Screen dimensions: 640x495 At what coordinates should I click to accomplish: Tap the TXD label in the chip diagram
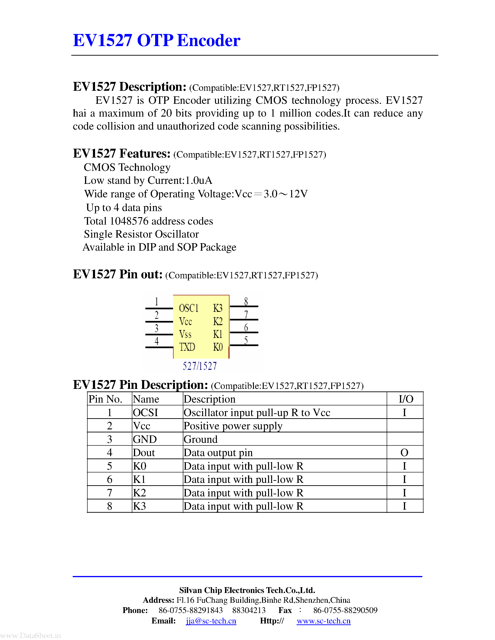coord(187,347)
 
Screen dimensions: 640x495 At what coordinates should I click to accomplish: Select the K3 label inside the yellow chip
coord(218,308)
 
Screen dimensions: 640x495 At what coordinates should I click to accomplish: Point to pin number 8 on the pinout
coord(246,301)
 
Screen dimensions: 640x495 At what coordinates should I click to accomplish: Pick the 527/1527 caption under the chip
coord(200,366)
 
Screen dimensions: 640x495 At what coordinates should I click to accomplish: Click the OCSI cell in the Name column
coord(145,413)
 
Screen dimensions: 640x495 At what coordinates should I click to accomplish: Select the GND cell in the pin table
coord(145,439)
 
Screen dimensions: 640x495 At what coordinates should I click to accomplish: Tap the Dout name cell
coord(144,453)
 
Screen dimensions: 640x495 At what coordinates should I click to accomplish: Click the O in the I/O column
coord(404,453)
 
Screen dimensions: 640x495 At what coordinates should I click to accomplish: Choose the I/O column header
coord(406,399)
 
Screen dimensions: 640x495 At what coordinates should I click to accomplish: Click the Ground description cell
coord(201,439)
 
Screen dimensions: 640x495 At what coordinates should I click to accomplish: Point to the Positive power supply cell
coord(233,426)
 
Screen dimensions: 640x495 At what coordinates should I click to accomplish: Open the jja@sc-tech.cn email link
coord(211,621)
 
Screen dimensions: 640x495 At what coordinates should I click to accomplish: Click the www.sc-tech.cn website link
coord(324,621)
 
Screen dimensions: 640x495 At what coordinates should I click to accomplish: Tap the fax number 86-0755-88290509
coord(345,610)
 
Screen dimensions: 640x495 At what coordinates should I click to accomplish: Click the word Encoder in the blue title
coord(208,40)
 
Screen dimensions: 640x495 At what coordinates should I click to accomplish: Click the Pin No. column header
coord(105,399)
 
